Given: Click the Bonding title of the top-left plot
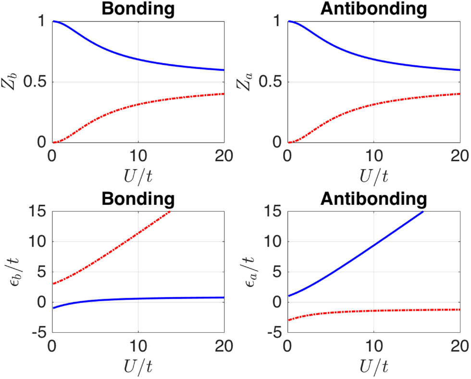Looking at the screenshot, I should point(138,8).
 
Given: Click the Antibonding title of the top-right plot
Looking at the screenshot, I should point(373,8).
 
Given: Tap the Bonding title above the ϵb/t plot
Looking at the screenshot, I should point(138,198).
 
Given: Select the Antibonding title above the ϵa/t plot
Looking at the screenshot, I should point(373,198).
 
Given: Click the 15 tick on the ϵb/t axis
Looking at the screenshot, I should point(37,212).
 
